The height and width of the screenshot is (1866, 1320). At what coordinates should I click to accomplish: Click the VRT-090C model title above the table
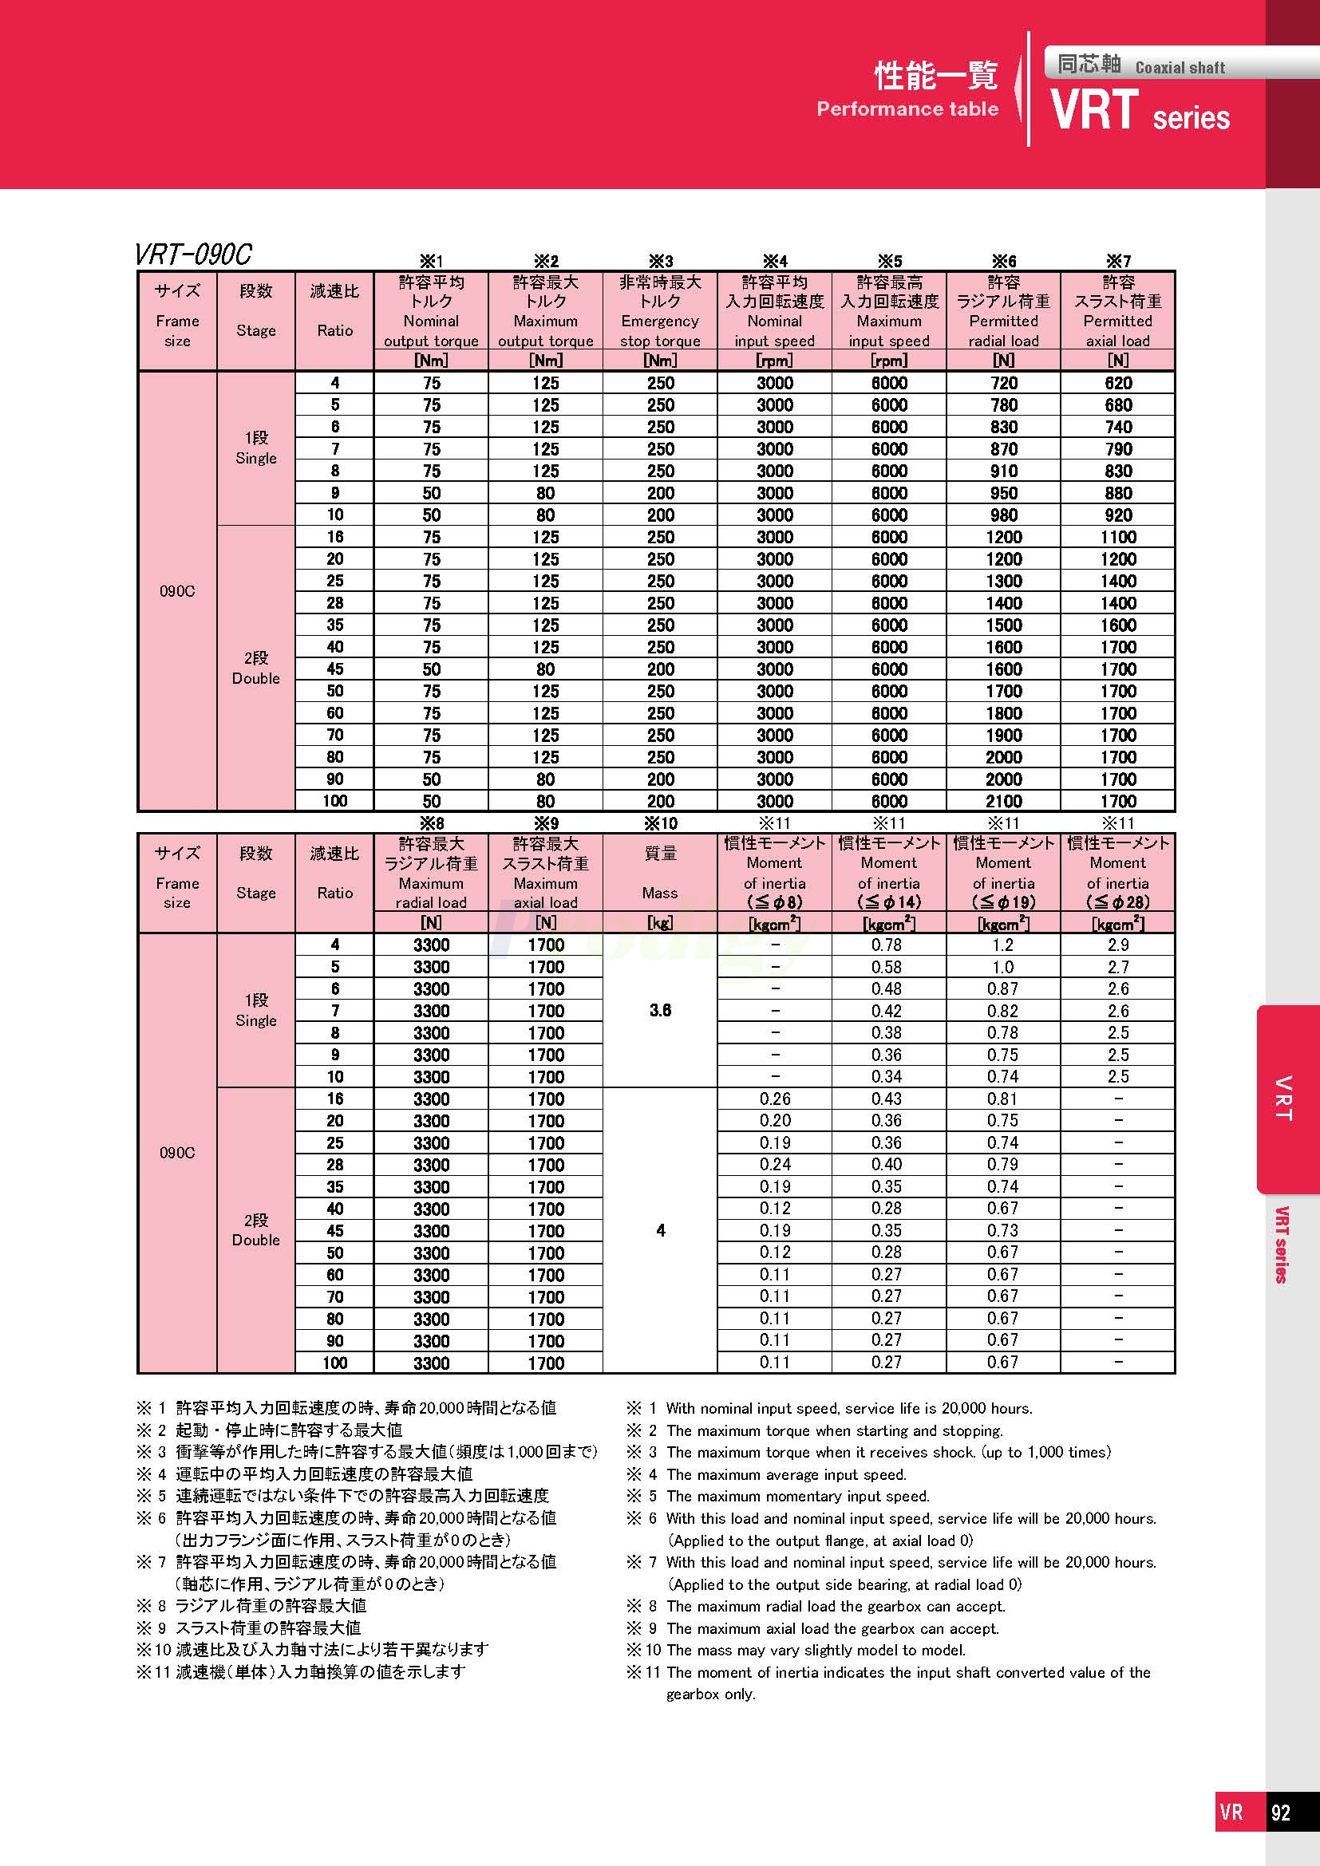coord(193,255)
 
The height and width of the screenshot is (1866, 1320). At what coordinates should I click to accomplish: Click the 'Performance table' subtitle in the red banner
coord(907,109)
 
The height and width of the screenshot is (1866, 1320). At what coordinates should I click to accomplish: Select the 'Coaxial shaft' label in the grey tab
coord(1180,68)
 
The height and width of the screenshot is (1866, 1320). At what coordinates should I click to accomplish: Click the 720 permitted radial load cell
coord(1003,383)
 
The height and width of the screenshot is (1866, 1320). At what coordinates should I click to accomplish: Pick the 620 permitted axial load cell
coord(1117,383)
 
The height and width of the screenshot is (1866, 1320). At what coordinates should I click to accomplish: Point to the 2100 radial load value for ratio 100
coord(1003,801)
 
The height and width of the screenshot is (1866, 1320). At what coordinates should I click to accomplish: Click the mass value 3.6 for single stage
coord(660,1010)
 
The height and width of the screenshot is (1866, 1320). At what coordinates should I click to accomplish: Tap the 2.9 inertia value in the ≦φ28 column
coord(1117,945)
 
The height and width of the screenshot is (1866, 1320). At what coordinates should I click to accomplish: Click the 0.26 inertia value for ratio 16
coord(775,1098)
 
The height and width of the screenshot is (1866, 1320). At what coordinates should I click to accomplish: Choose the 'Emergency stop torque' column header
coord(660,321)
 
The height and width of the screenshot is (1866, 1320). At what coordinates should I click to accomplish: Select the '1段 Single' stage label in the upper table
coord(256,448)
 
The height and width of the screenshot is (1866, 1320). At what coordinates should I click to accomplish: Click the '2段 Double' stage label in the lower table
coord(256,1229)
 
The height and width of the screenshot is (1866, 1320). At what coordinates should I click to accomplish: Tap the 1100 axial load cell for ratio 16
coord(1117,537)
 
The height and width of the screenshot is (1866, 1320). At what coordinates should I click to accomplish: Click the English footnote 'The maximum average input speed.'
coord(785,1474)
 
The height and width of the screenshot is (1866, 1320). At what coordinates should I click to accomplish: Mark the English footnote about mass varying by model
coord(816,1650)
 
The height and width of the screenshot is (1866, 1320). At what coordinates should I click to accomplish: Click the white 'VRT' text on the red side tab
coord(1283,1098)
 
